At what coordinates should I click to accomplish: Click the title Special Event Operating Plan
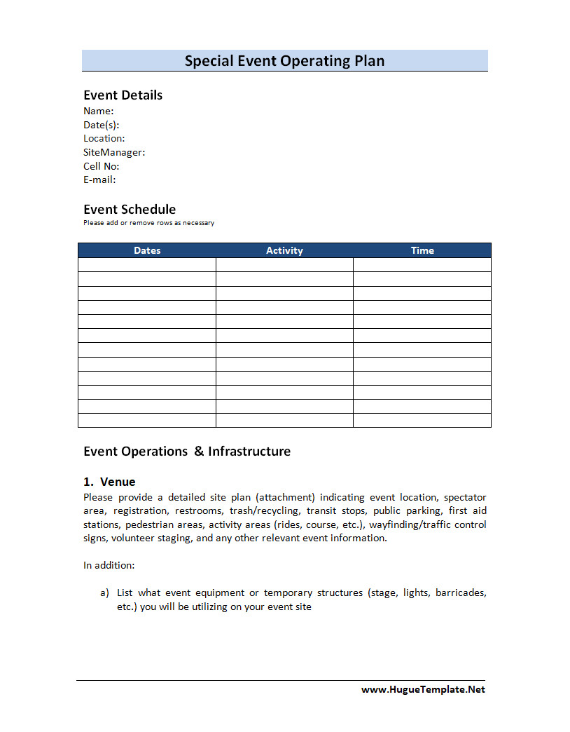click(x=284, y=61)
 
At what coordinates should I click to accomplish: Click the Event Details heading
click(x=123, y=95)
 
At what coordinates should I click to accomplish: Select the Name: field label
click(x=98, y=111)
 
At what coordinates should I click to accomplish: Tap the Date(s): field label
click(x=101, y=125)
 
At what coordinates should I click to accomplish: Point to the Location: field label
click(x=104, y=138)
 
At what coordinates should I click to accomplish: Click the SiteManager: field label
click(x=114, y=152)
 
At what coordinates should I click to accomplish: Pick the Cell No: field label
click(x=101, y=166)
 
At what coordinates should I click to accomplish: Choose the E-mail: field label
click(x=99, y=179)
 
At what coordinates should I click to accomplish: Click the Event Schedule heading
click(x=130, y=210)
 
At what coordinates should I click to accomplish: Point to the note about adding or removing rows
click(x=148, y=223)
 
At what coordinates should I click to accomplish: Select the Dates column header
click(x=147, y=250)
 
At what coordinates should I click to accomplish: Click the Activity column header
click(x=284, y=250)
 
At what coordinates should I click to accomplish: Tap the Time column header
click(x=422, y=250)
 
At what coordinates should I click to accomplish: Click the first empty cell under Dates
click(x=147, y=265)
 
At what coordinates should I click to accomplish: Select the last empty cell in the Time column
click(x=422, y=420)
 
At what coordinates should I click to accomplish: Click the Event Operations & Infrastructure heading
click(x=187, y=452)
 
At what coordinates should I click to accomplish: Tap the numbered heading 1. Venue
click(x=109, y=482)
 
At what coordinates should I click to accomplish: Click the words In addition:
click(x=109, y=565)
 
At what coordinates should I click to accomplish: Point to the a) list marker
click(x=104, y=593)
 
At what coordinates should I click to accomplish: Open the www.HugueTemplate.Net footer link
click(x=423, y=689)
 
